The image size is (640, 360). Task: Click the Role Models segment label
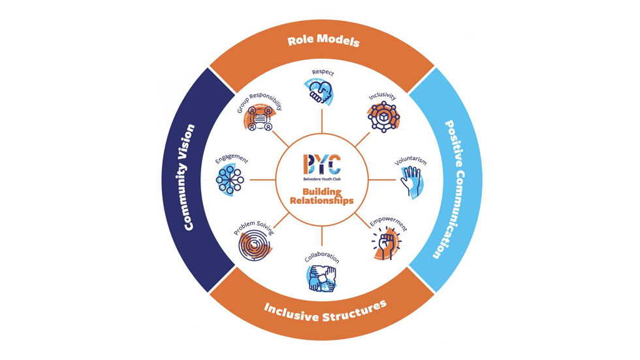[x=323, y=41]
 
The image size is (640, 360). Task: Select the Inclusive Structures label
[x=325, y=312]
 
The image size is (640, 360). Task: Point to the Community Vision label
[x=188, y=178]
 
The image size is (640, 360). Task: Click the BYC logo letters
[x=322, y=164]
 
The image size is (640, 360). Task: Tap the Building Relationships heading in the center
[x=321, y=196]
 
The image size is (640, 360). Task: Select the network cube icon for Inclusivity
[x=383, y=117]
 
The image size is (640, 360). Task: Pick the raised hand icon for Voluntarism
[x=411, y=181]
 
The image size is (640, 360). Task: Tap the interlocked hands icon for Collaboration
[x=321, y=278]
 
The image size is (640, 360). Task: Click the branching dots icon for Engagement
[x=229, y=180]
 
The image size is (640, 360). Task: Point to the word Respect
[x=323, y=73]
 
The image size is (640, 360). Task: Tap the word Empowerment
[x=389, y=223]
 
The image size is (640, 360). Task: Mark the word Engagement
[x=231, y=158]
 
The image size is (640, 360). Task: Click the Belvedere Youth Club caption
[x=322, y=179]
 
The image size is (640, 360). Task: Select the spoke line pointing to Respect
[x=322, y=122]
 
